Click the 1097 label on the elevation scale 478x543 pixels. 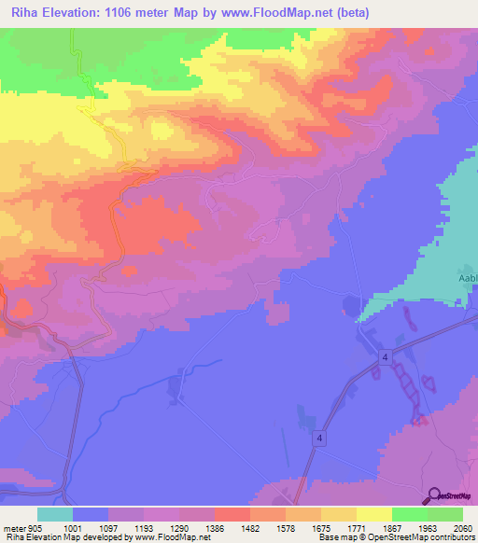[x=108, y=527]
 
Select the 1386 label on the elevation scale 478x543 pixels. [x=214, y=527]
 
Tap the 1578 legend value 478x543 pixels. [x=285, y=527]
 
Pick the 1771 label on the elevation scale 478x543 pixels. [x=356, y=527]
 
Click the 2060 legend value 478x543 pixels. [x=462, y=527]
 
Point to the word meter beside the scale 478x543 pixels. [x=14, y=527]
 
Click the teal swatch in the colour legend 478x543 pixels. [x=55, y=514]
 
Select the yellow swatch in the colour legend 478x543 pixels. [x=373, y=514]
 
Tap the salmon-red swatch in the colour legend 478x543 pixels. [x=232, y=514]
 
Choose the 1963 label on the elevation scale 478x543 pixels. [x=427, y=527]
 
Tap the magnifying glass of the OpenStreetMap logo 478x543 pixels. [x=432, y=494]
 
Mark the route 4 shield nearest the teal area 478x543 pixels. [x=384, y=357]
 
